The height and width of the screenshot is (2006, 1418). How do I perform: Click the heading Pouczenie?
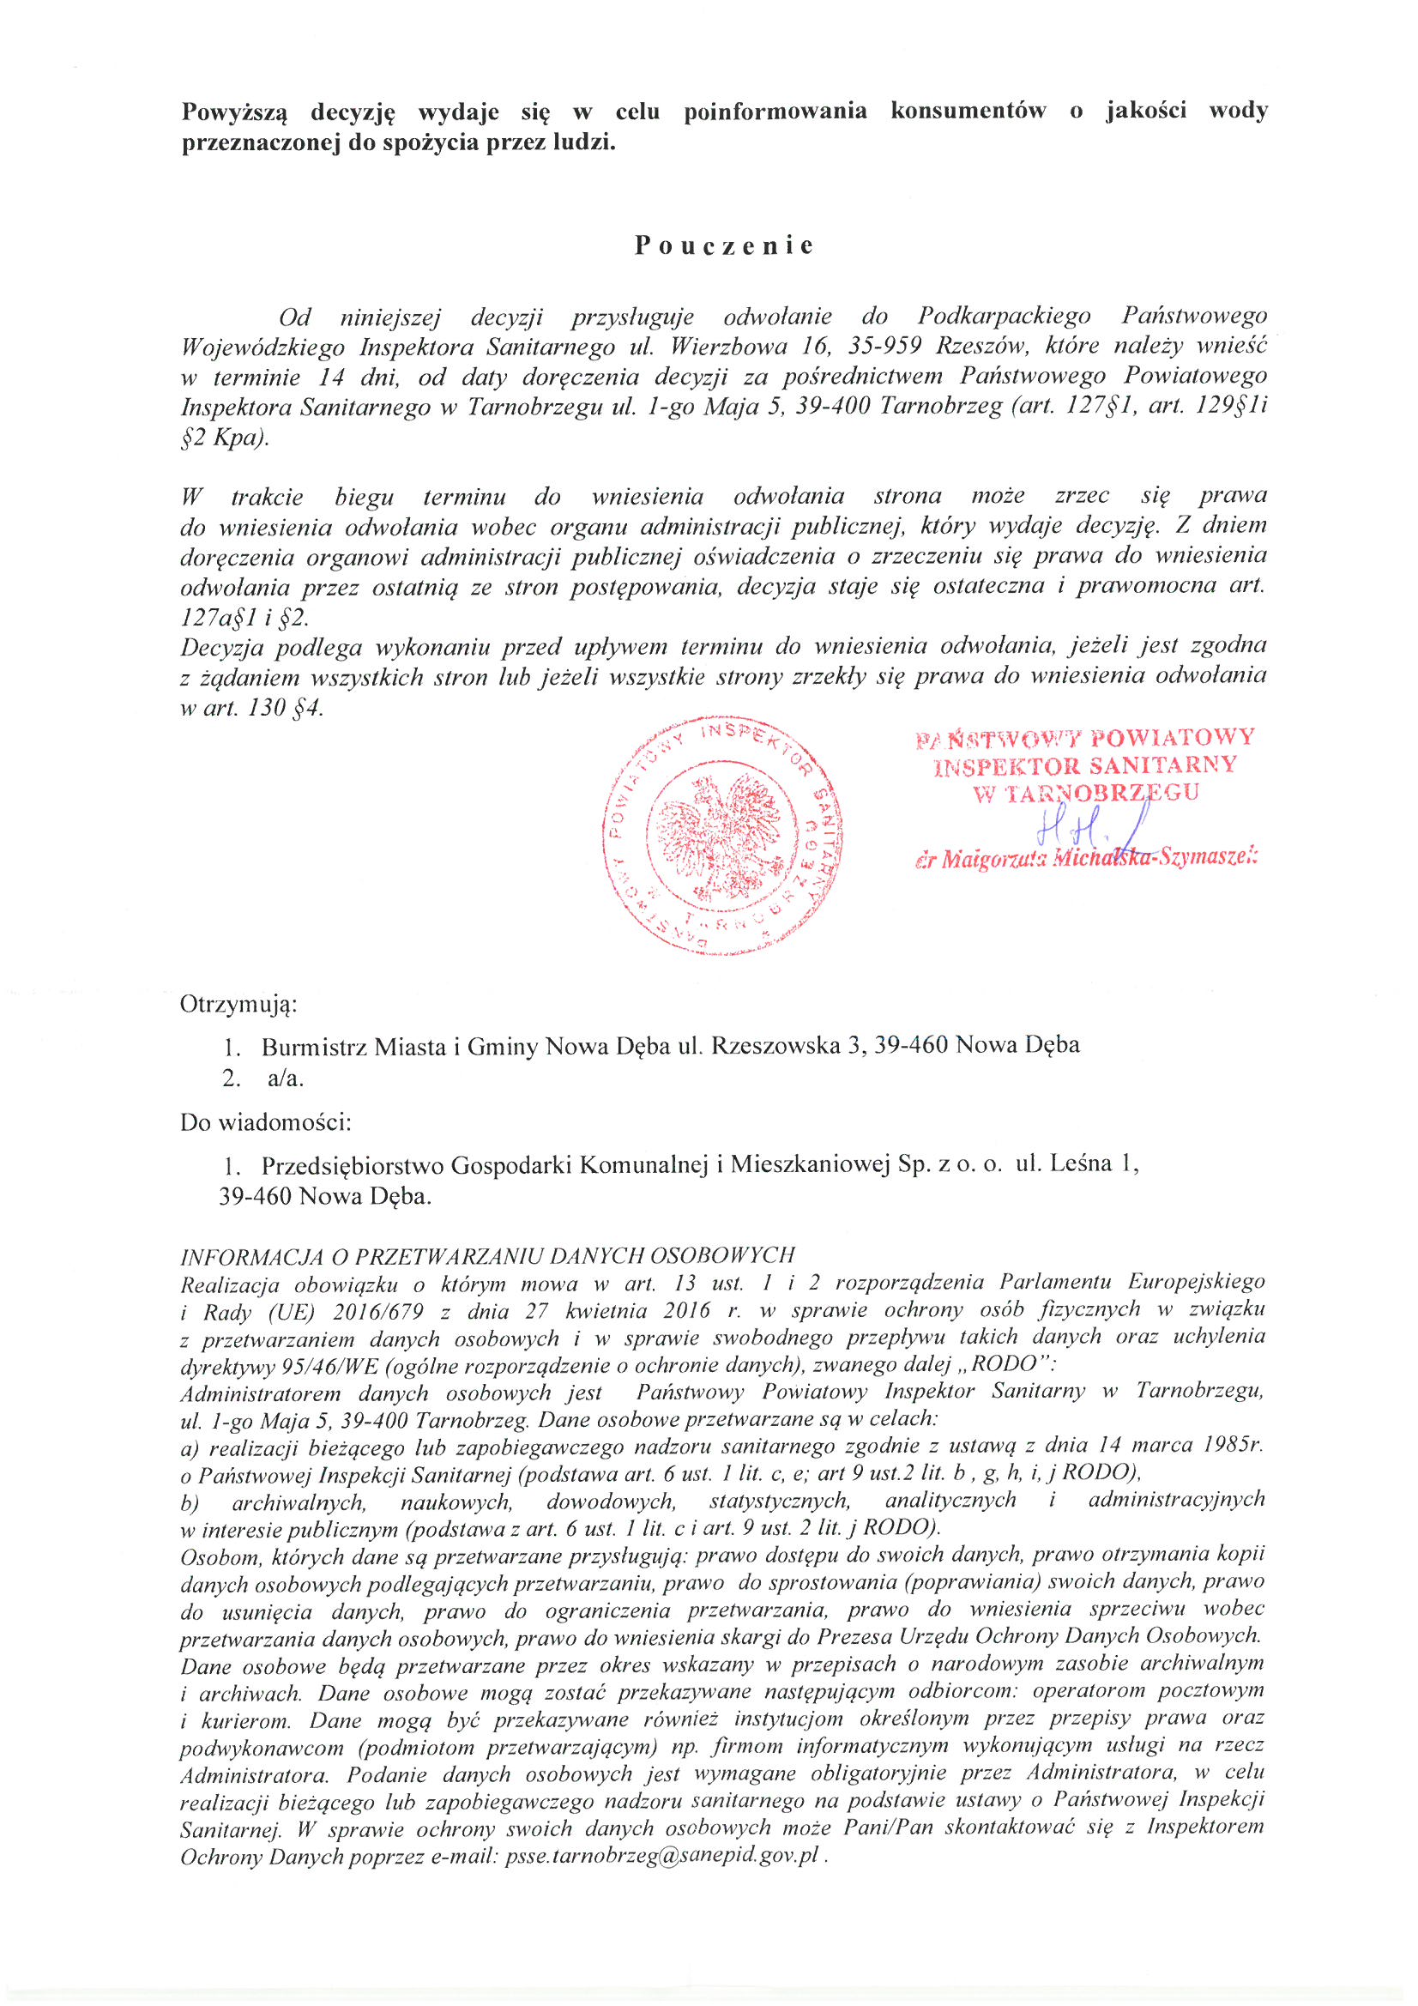pos(724,245)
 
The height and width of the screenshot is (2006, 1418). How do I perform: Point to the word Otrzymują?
pos(238,1005)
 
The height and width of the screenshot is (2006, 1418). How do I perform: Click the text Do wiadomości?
pos(266,1121)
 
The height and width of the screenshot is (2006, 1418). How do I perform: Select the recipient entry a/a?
pos(286,1079)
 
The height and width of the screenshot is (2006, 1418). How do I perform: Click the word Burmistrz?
pos(313,1045)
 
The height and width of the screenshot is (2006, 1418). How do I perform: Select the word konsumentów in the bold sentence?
pos(968,111)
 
